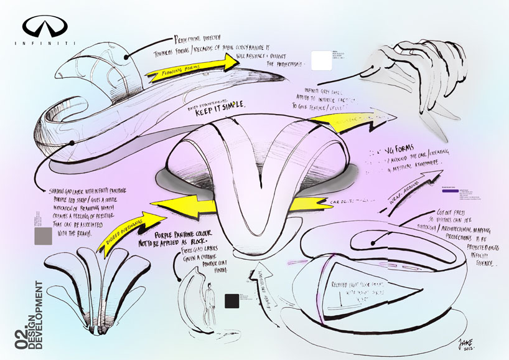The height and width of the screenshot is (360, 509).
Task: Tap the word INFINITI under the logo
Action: point(45,43)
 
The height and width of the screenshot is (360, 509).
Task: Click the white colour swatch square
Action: point(321,62)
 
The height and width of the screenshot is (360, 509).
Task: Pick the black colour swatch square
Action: point(231,301)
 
